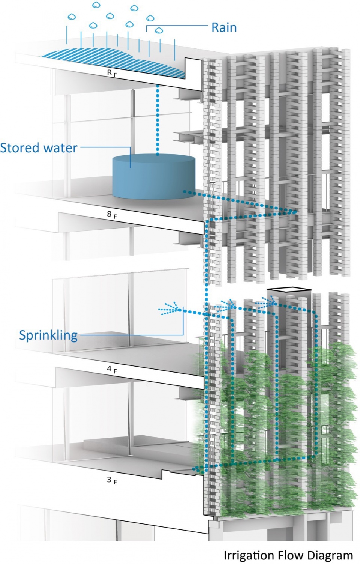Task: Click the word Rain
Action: pos(224,27)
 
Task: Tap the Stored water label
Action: pos(39,148)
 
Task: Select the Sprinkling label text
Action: pos(48,335)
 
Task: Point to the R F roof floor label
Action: pos(112,73)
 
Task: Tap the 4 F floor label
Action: pos(111,369)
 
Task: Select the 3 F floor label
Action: pos(111,480)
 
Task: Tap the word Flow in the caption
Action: pos(289,555)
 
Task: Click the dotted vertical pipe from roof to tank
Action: pos(157,120)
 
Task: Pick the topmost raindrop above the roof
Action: pos(97,5)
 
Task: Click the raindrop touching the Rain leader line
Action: pos(159,30)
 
